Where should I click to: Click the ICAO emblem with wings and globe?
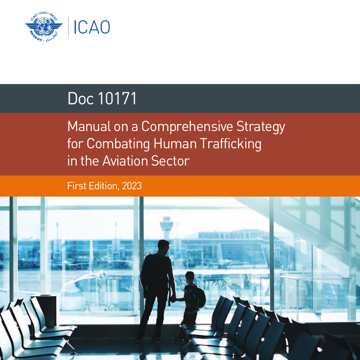point(44,27)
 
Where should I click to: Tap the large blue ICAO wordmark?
point(91,27)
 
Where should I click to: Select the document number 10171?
point(117,98)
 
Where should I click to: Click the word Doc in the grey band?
point(80,98)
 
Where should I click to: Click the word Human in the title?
point(175,144)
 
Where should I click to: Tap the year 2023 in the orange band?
point(132,186)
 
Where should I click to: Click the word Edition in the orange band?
point(104,186)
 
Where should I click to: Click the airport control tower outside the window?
point(166,228)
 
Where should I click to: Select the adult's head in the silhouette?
point(163,246)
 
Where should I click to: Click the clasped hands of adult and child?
point(173,299)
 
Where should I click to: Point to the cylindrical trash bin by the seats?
point(47,310)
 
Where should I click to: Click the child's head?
point(190,278)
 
